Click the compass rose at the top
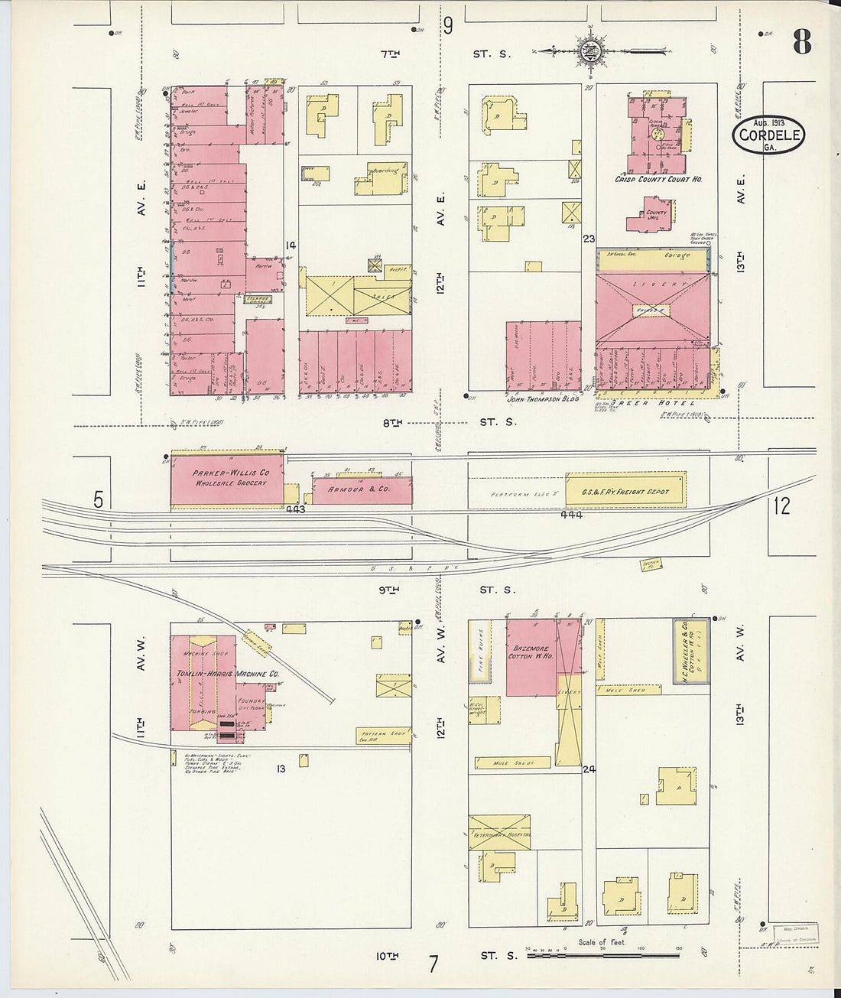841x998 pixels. click(x=590, y=52)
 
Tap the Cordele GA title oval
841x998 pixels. click(x=768, y=135)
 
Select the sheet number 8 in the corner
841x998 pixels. click(x=800, y=41)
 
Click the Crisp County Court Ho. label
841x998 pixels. click(x=658, y=180)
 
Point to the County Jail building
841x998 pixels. click(x=650, y=214)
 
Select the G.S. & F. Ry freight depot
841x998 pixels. click(x=625, y=490)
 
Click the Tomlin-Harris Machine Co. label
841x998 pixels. click(x=228, y=674)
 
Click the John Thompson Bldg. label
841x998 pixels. click(x=544, y=398)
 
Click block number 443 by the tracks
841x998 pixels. click(x=294, y=509)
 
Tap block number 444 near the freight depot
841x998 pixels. click(x=571, y=515)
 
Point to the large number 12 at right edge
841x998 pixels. click(x=781, y=506)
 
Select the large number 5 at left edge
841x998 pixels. click(x=98, y=500)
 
